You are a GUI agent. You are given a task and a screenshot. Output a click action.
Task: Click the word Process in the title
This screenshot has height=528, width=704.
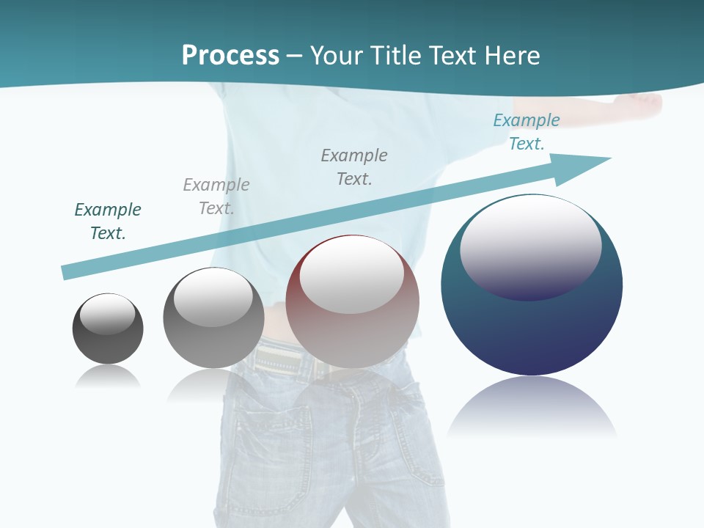pos(230,56)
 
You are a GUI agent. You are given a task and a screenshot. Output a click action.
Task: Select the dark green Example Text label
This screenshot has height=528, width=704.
pos(108,221)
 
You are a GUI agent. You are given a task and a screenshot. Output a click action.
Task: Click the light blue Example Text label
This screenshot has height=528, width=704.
pos(527,132)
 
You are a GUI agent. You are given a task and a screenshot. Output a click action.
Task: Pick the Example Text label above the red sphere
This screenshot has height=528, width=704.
pos(354,167)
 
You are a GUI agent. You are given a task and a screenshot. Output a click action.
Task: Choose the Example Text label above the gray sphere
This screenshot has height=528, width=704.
pos(216,197)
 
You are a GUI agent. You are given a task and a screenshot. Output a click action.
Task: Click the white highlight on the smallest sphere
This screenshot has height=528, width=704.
pos(108,314)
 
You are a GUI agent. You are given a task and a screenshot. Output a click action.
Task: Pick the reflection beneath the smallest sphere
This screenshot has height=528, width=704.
pos(108,377)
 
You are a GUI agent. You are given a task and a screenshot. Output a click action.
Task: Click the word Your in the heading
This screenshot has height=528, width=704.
pos(339,56)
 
